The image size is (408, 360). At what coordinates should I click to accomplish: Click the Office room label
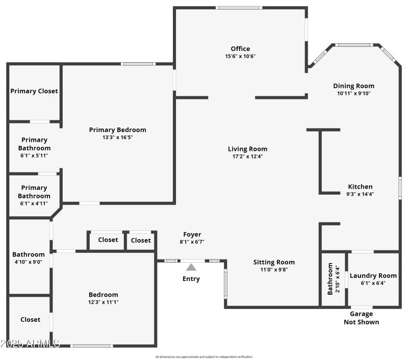click(x=240, y=49)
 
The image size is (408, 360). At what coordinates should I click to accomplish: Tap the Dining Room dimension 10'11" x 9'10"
click(x=353, y=93)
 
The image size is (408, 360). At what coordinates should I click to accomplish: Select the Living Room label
click(x=247, y=149)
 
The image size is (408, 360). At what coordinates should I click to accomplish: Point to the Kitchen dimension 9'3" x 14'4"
click(x=360, y=194)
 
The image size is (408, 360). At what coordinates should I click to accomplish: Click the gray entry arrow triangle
click(x=191, y=267)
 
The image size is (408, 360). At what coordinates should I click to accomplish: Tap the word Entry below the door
click(x=191, y=279)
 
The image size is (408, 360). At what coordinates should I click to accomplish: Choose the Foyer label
click(x=192, y=235)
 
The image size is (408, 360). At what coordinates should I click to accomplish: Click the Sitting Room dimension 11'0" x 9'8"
click(x=274, y=270)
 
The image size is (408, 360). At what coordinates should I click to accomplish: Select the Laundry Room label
click(x=373, y=275)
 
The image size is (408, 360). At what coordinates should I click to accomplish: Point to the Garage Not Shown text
click(x=361, y=318)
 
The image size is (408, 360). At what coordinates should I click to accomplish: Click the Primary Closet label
click(x=34, y=91)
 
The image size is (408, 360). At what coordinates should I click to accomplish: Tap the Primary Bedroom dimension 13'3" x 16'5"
click(x=117, y=137)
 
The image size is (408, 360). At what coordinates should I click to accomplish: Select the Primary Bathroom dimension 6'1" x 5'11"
click(x=34, y=156)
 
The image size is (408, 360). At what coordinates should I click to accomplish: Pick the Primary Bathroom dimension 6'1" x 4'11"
click(x=34, y=203)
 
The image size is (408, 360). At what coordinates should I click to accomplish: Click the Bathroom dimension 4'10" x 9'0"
click(x=29, y=262)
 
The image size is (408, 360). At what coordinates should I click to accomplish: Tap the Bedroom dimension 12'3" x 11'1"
click(x=103, y=302)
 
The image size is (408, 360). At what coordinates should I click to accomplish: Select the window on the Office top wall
click(x=239, y=8)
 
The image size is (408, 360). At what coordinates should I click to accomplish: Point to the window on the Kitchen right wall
click(x=400, y=188)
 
